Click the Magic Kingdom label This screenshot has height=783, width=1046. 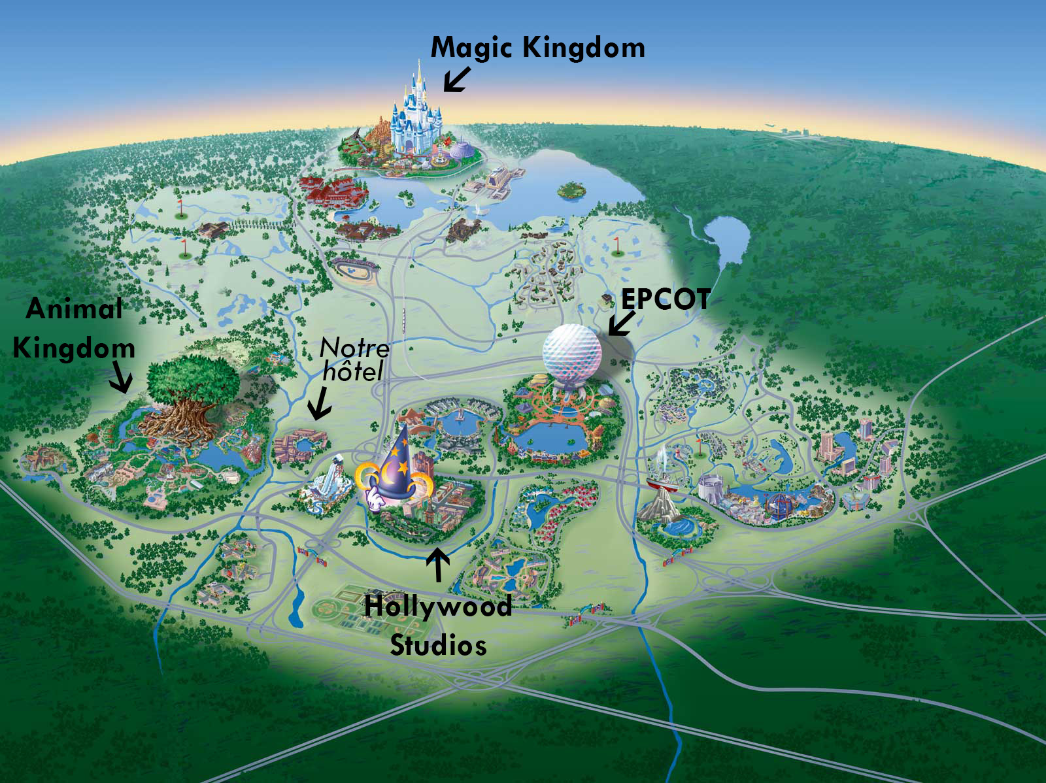point(537,48)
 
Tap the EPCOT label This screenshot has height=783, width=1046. point(666,299)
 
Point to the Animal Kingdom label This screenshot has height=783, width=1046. point(74,328)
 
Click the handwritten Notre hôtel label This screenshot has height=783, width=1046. point(354,359)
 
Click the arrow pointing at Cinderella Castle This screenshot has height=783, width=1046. point(456,78)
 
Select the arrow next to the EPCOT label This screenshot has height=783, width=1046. point(621,323)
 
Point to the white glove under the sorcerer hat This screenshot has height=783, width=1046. point(375,499)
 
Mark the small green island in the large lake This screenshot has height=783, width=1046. point(571,190)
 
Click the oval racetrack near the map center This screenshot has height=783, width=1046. point(355,269)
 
